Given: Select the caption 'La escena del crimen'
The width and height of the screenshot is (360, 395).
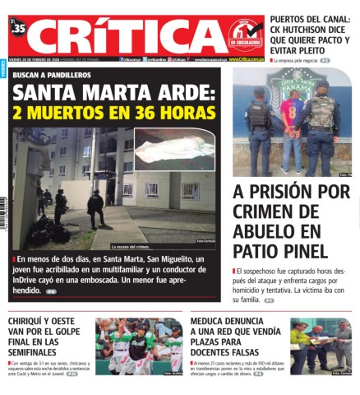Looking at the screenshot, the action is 132,246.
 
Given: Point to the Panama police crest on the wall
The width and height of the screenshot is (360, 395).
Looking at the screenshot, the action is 291,81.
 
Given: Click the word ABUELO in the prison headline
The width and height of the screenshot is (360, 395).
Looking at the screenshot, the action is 265,231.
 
